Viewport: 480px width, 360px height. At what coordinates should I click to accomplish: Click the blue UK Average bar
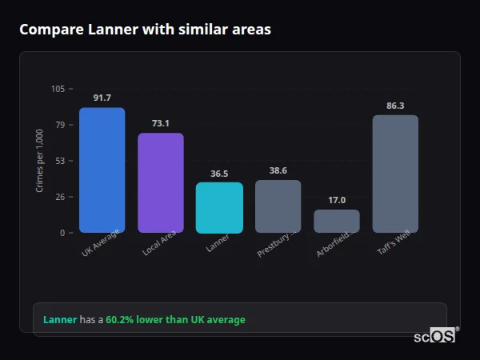102,170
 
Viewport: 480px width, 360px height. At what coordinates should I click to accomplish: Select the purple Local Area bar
161,182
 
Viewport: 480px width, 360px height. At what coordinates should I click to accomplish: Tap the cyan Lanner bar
219,207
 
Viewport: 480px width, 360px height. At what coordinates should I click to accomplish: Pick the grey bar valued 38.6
278,206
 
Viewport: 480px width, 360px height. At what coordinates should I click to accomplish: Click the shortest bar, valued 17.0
337,221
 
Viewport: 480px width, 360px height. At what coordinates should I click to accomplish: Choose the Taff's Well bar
395,174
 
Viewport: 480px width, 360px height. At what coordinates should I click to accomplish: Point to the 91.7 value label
102,98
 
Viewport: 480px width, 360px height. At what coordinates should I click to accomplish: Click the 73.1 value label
161,123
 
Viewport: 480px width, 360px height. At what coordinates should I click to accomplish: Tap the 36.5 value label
219,173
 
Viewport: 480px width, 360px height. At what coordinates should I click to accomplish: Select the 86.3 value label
395,105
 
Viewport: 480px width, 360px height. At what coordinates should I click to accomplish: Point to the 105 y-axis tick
58,89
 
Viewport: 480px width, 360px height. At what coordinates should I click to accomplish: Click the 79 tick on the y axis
60,125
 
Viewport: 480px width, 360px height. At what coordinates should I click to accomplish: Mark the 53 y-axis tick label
60,161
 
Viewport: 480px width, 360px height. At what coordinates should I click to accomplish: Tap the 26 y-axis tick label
60,197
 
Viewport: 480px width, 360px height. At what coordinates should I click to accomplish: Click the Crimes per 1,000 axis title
40,161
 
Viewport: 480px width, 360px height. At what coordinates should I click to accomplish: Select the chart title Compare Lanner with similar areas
145,30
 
